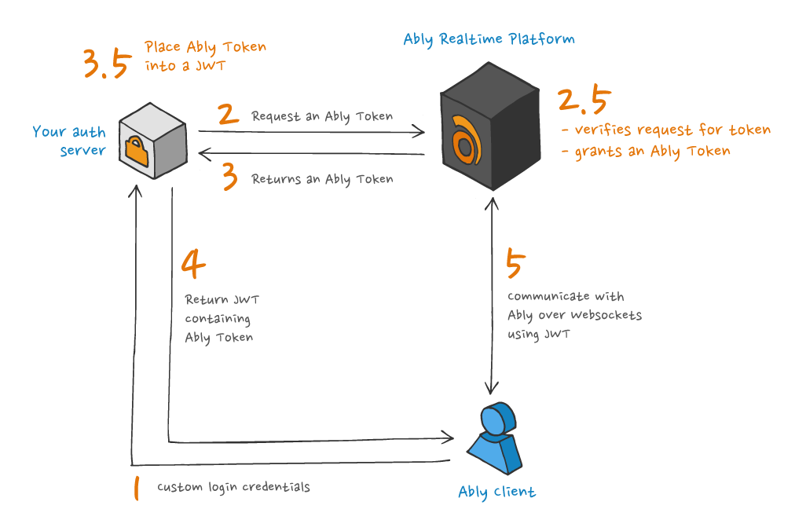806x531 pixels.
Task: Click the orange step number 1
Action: coord(137,487)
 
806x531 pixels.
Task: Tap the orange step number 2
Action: coord(228,115)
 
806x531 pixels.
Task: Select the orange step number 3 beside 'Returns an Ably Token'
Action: coord(229,177)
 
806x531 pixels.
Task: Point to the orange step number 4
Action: coord(192,265)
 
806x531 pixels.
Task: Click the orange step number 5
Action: coord(514,265)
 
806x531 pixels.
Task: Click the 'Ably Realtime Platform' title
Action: coord(489,38)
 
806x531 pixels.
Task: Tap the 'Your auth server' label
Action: coord(69,141)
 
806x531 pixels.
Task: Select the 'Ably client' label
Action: coord(496,493)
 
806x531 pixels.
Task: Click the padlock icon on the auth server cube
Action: coord(137,151)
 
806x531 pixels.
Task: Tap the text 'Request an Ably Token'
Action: coord(322,116)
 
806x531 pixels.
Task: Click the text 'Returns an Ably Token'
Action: coord(322,179)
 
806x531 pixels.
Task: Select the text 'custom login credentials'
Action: coord(233,487)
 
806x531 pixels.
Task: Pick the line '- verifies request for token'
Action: coord(666,130)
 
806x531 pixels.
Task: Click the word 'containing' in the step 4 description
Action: coord(218,319)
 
